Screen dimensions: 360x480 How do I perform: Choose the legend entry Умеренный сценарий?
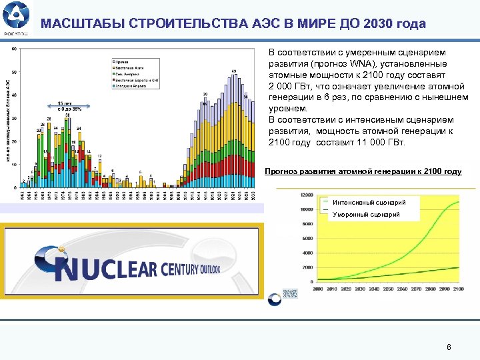pos(366,215)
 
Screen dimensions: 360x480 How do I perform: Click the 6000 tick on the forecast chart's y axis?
pos(307,239)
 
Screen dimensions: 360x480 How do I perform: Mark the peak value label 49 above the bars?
pos(233,71)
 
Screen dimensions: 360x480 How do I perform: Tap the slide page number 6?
pos(449,347)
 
